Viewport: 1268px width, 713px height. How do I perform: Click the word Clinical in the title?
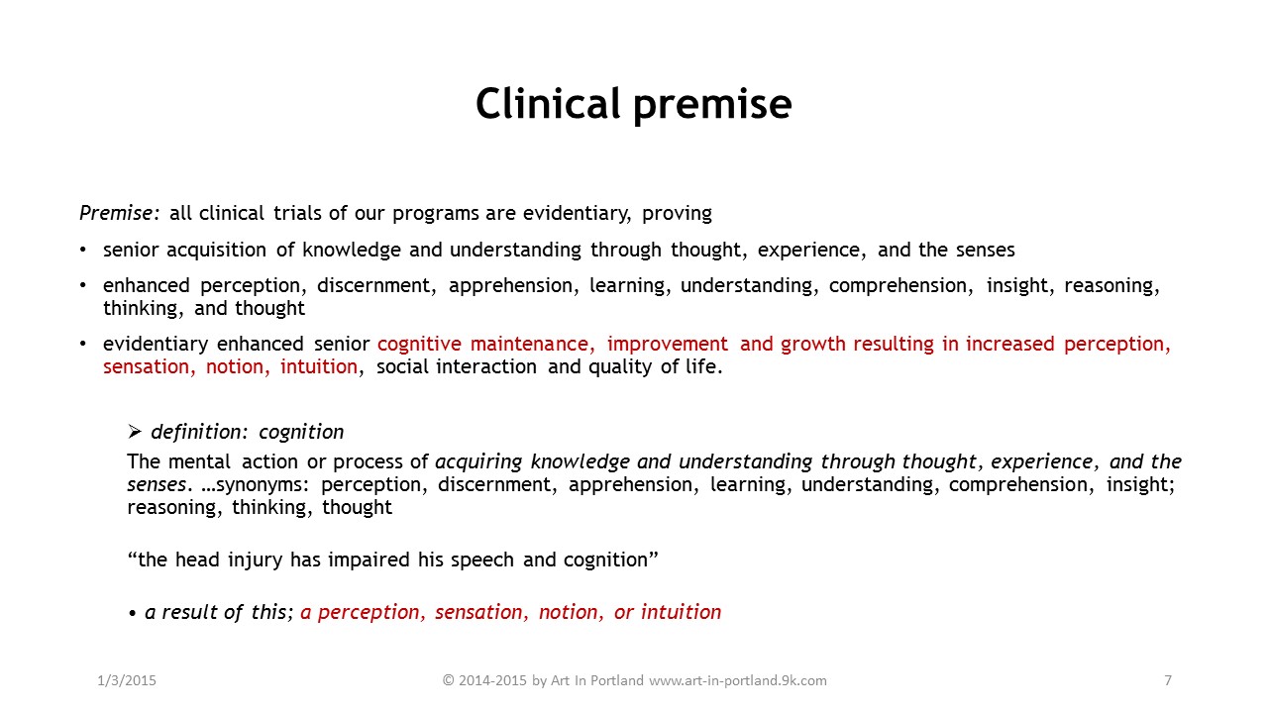[548, 104]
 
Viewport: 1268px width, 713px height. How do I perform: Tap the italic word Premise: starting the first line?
[120, 213]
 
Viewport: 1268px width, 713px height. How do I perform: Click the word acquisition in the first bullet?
[216, 251]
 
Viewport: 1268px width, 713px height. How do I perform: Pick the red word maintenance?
[532, 344]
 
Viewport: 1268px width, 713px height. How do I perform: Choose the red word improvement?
[668, 345]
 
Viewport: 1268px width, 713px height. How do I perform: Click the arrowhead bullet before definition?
[134, 432]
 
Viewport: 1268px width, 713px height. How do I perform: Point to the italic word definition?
[199, 433]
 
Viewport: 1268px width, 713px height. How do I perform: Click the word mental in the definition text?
[199, 461]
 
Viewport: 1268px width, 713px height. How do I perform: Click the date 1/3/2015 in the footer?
[127, 680]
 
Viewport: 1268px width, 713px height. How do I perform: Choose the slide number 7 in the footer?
[1168, 680]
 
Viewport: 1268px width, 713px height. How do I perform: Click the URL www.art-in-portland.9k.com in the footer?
[738, 680]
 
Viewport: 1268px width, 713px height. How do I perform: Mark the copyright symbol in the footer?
[449, 680]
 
